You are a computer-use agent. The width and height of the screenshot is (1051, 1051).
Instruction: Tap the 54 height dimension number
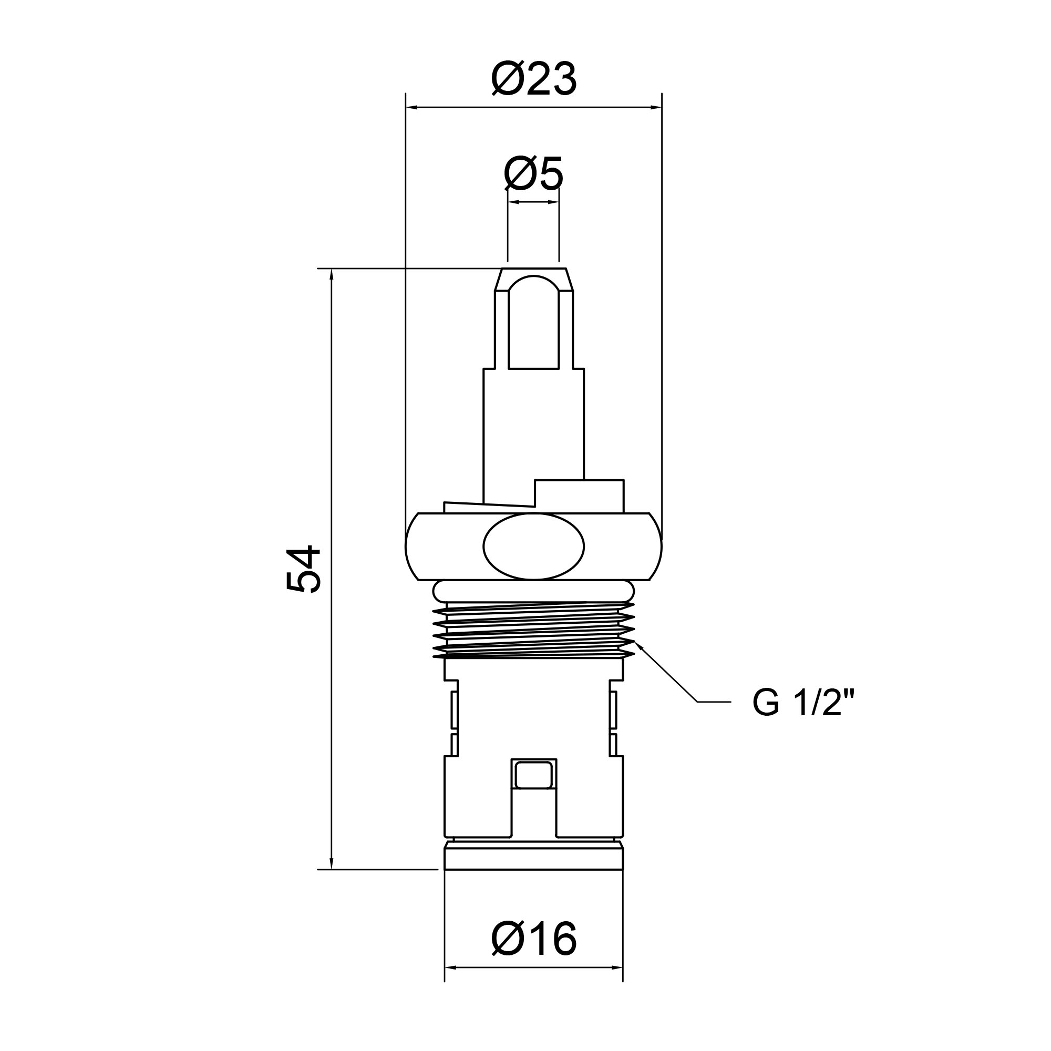pos(304,569)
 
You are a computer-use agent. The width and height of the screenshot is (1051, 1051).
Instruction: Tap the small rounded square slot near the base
pos(534,775)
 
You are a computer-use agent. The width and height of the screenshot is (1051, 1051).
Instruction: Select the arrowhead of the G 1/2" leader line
pos(639,646)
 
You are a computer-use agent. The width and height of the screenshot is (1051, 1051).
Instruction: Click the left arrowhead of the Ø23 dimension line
pos(413,107)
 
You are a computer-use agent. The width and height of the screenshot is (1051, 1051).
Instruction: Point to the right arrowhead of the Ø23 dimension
pos(655,107)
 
